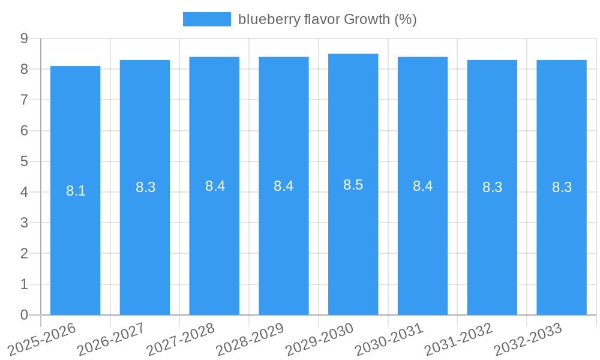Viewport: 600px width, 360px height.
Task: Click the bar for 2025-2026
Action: point(75,240)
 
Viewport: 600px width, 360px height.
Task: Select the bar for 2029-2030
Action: point(353,240)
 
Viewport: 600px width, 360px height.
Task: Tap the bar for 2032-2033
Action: point(562,240)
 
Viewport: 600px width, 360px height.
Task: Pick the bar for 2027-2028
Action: point(214,240)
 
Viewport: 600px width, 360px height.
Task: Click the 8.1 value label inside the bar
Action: point(76,191)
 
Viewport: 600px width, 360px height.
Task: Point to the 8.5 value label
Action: point(353,185)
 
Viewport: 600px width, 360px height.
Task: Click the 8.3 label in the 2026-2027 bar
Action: point(145,187)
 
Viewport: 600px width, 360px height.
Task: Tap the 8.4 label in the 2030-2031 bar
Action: point(422,186)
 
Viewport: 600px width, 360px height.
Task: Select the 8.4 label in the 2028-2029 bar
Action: point(283,186)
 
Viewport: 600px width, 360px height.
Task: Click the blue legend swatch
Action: point(206,19)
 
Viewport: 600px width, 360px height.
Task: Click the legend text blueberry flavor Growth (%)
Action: point(327,19)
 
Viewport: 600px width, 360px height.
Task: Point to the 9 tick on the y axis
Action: point(25,38)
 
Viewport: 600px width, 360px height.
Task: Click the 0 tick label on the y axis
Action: point(25,315)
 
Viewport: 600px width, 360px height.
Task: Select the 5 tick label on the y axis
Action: point(25,161)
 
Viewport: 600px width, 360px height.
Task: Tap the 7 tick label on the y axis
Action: point(25,100)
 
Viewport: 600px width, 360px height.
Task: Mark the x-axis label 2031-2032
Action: point(459,340)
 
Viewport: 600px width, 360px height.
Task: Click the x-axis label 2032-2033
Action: point(529,340)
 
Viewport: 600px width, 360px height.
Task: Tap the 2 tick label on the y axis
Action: point(25,254)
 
